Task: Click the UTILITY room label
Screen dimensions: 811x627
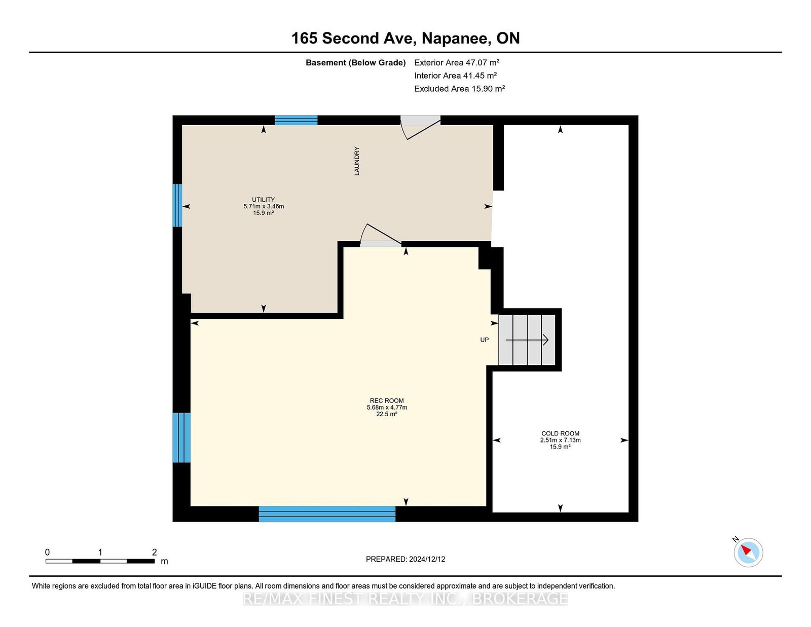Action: tap(264, 200)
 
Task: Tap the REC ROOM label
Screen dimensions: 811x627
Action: tap(387, 400)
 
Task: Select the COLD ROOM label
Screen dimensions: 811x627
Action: tap(560, 433)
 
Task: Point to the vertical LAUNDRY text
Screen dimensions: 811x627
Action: tap(357, 161)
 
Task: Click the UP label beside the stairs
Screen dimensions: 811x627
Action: tap(484, 340)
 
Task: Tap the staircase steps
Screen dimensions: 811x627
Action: tap(527, 340)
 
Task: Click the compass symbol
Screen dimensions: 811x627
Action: tap(748, 552)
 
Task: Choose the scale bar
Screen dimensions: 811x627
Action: tap(100, 561)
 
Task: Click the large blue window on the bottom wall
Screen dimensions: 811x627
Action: tap(327, 514)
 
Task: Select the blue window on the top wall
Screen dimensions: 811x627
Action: tap(296, 120)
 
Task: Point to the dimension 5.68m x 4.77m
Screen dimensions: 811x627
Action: tap(387, 407)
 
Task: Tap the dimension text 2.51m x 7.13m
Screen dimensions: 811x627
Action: tap(560, 440)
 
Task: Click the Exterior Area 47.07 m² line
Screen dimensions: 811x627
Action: tap(457, 62)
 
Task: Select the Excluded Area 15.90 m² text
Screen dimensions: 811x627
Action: tap(459, 89)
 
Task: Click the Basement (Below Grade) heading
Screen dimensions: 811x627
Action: tap(355, 62)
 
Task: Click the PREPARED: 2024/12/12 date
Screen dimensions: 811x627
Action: tap(405, 559)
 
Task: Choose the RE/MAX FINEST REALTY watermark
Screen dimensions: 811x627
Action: tap(405, 599)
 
